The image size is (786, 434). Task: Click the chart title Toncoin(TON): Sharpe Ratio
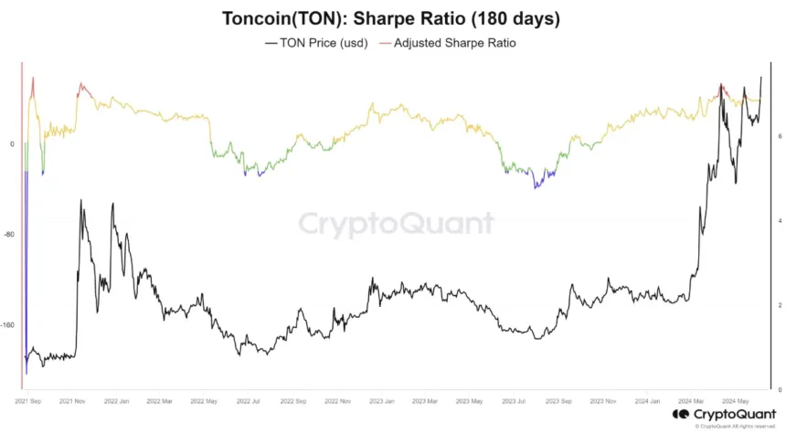(x=392, y=18)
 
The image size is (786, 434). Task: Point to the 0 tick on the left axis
(x=12, y=144)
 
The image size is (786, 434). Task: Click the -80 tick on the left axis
(x=10, y=235)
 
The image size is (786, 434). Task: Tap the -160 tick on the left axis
(x=9, y=325)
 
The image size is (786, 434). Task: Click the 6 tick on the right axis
(x=779, y=135)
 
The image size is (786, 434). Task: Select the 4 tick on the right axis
(x=779, y=220)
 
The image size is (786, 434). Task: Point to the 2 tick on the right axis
(x=779, y=305)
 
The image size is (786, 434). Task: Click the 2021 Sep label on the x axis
(x=27, y=400)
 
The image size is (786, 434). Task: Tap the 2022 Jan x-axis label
(x=116, y=400)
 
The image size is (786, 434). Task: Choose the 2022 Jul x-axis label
(x=248, y=400)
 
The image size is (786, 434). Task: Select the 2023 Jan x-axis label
(x=381, y=400)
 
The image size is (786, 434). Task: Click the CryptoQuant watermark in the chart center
(x=397, y=224)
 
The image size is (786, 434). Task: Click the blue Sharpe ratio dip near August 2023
(x=539, y=185)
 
